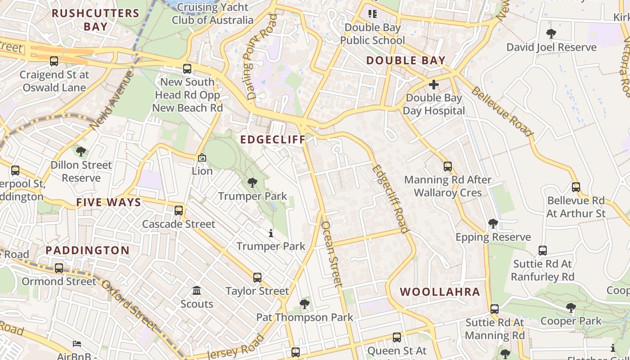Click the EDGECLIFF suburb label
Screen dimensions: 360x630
(x=273, y=139)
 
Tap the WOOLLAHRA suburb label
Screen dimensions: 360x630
(x=440, y=292)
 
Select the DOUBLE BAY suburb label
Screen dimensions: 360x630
(x=405, y=60)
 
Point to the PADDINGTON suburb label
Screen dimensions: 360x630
(x=88, y=250)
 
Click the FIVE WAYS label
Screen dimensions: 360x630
(x=108, y=202)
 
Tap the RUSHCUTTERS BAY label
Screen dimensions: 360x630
(x=95, y=19)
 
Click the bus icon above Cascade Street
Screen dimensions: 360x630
(x=179, y=210)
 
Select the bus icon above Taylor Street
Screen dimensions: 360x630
(x=257, y=277)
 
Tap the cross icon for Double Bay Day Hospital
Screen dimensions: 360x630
(x=434, y=84)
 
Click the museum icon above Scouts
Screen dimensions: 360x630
(x=197, y=290)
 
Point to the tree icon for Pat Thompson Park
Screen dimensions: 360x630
(x=305, y=304)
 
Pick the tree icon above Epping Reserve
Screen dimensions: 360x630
(x=493, y=223)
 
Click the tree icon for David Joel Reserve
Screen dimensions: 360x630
(x=551, y=33)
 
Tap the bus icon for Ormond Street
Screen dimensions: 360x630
(x=59, y=268)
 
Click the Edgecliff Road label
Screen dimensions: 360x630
(x=390, y=198)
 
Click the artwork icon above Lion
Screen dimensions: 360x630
(x=202, y=157)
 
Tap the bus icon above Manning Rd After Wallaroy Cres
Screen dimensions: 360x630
(x=447, y=166)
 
